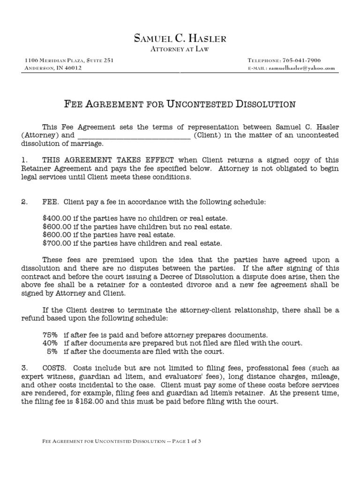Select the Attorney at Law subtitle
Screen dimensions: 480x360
[x=180, y=49]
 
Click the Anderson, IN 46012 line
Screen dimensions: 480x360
[x=52, y=68]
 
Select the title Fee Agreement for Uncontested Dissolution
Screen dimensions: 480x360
[x=180, y=104]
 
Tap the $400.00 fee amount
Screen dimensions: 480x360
[x=55, y=218]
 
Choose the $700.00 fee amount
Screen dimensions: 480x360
[x=55, y=243]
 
